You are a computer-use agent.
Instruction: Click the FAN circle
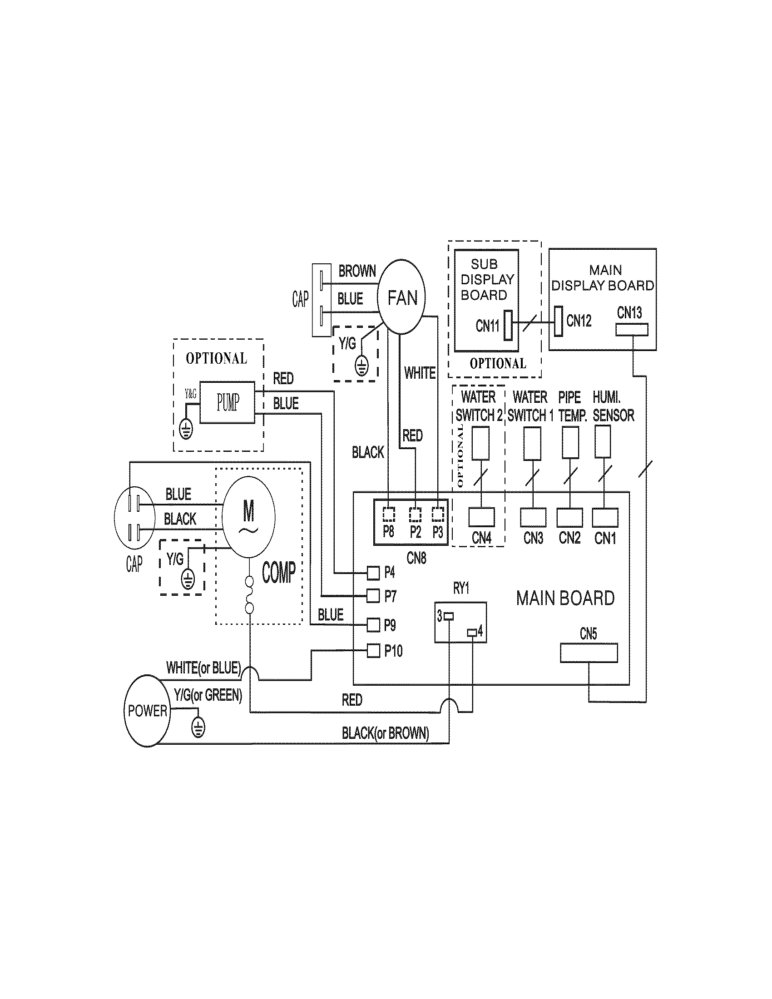point(401,297)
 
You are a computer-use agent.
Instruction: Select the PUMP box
point(228,402)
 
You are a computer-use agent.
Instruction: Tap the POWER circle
point(147,710)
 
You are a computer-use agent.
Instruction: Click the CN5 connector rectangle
point(589,653)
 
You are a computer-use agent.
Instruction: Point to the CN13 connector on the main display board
point(632,329)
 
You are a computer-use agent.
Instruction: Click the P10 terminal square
point(374,650)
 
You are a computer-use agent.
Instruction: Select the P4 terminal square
point(373,572)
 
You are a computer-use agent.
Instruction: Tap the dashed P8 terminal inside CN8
point(389,514)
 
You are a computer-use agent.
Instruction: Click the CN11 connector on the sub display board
point(508,325)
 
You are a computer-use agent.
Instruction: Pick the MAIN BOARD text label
point(565,598)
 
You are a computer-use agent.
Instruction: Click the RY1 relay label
point(461,589)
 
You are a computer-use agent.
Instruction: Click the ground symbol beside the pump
point(186,429)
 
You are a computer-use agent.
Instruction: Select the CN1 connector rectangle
point(604,517)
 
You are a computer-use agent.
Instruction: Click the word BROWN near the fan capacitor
point(357,271)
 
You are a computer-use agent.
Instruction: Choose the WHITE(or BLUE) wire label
point(203,668)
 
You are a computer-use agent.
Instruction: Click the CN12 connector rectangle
point(558,321)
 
